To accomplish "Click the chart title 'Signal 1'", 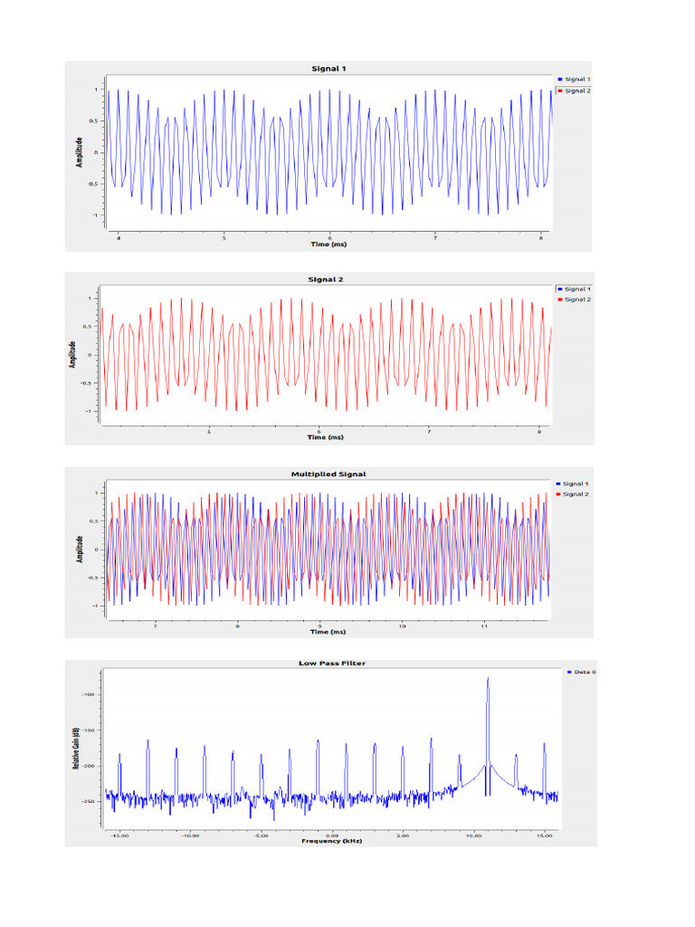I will [x=328, y=69].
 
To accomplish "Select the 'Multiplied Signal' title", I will [x=328, y=473].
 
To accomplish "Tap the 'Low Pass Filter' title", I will [x=332, y=663].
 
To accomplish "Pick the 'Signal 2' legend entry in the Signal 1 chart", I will [x=576, y=91].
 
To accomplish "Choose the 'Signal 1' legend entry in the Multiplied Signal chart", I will [x=575, y=484].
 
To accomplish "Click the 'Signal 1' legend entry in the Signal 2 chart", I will [x=576, y=289].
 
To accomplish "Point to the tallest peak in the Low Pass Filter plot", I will [x=488, y=678].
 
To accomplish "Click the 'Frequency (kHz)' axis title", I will [x=332, y=841].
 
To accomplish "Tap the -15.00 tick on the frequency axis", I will [x=119, y=836].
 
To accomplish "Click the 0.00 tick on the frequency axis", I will [x=332, y=836].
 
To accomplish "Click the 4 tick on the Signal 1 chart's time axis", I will [x=118, y=237].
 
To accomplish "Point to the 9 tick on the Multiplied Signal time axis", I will [x=319, y=626].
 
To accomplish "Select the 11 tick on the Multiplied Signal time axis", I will [x=484, y=626].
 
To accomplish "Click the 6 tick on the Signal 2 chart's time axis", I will [x=319, y=432].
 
